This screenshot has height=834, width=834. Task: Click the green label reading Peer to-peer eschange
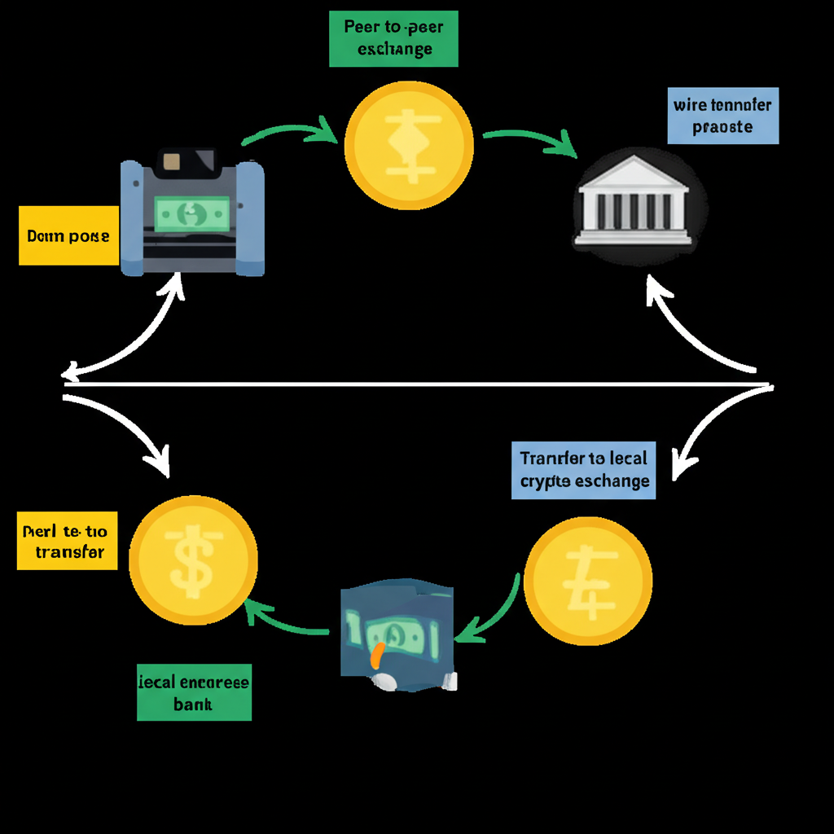click(393, 37)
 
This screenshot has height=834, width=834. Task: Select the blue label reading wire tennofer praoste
click(722, 116)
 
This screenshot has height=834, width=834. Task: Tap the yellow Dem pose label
click(68, 236)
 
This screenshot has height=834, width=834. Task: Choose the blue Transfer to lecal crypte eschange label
click(584, 469)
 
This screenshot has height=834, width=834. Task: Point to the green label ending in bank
click(194, 692)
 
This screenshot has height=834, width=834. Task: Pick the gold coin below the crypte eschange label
click(588, 579)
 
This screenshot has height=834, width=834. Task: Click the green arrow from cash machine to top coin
click(292, 130)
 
